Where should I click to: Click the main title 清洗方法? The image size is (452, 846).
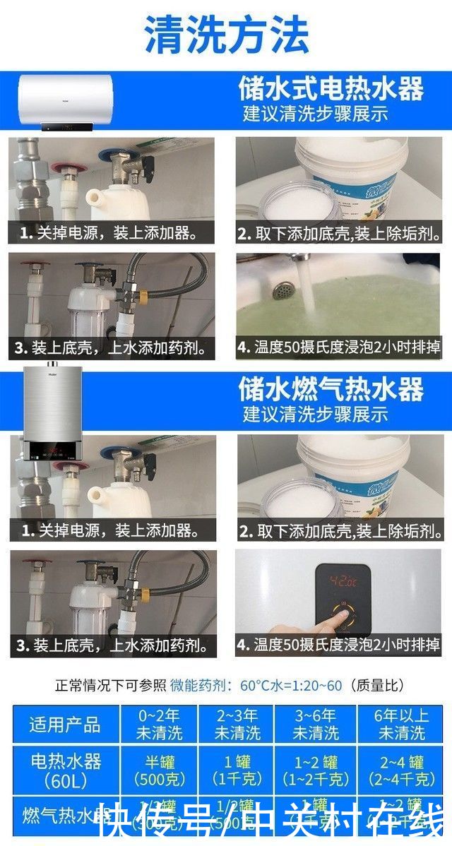click(226, 34)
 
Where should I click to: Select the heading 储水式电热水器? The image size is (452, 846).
click(331, 90)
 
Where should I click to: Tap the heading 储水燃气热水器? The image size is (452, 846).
click(331, 389)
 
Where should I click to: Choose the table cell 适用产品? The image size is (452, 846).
click(64, 724)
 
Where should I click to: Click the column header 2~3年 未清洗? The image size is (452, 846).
click(237, 724)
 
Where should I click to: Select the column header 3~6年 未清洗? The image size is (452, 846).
click(316, 724)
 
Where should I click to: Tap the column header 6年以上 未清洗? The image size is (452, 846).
click(401, 724)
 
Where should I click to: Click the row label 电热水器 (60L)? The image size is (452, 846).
click(64, 770)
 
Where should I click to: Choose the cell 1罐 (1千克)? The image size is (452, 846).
click(237, 770)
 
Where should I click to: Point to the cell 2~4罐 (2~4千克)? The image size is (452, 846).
click(401, 770)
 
